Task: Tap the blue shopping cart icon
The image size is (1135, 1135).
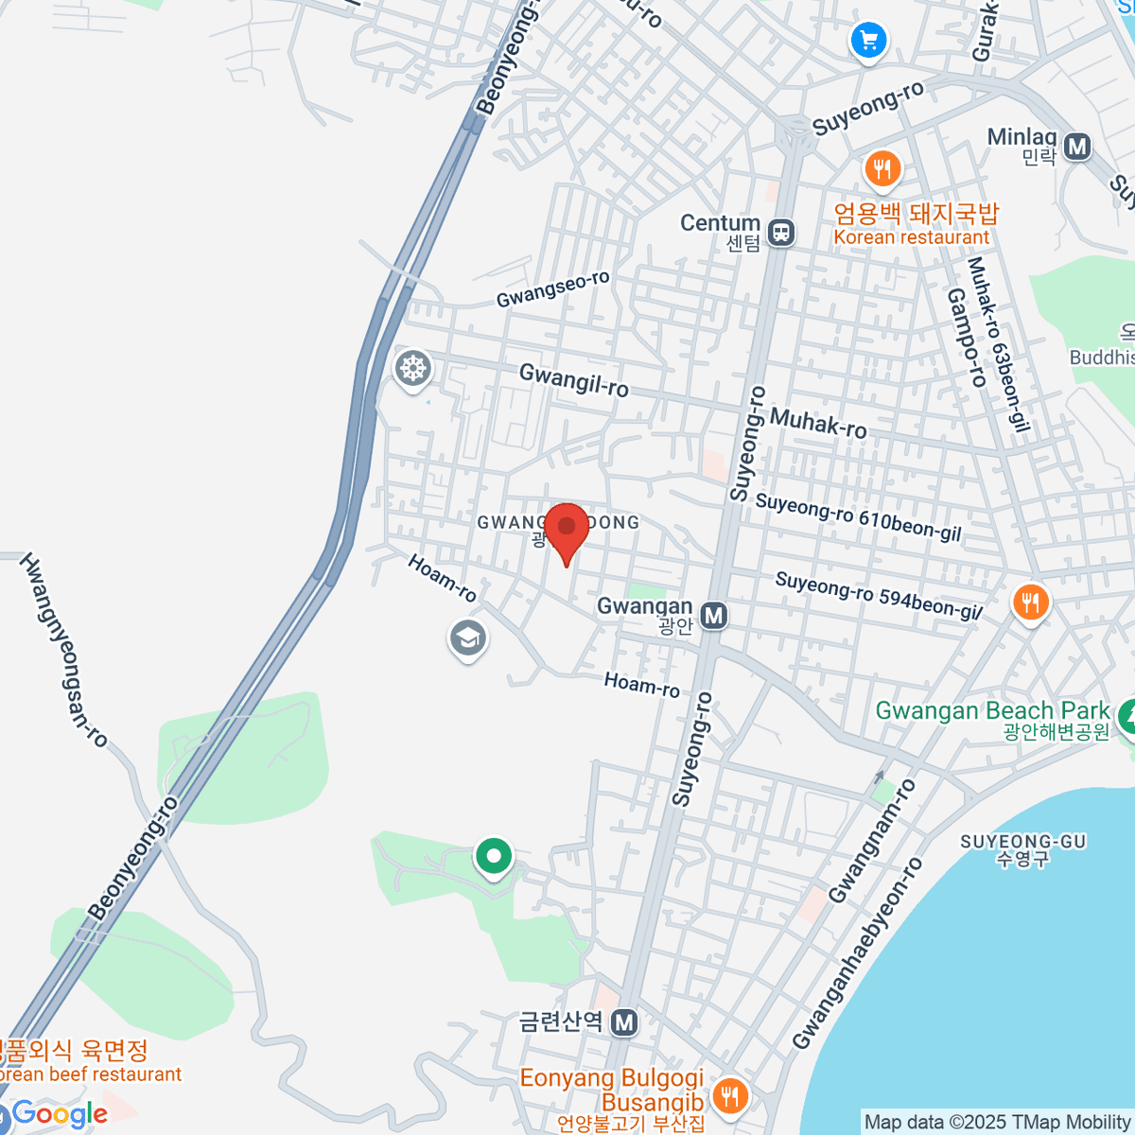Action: (x=868, y=42)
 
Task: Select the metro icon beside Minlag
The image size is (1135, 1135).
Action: (x=1076, y=147)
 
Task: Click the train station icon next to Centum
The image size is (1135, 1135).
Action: (x=781, y=232)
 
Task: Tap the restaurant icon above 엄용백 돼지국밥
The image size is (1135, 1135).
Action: (x=882, y=169)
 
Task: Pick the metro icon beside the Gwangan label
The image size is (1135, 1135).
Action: (x=714, y=617)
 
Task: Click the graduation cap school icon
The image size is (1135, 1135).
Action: (x=467, y=638)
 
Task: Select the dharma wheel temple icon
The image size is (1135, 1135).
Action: (x=413, y=368)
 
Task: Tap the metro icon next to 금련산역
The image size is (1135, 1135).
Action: (x=623, y=1022)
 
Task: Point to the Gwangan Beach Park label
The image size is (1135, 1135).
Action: (x=992, y=711)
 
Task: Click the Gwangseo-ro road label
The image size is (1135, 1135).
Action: (x=553, y=288)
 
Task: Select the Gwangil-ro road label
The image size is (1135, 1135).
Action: (x=574, y=380)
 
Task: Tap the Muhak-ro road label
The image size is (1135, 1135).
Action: (x=818, y=423)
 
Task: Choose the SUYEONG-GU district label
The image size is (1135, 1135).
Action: (x=1023, y=842)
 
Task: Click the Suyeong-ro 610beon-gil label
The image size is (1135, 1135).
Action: (x=858, y=518)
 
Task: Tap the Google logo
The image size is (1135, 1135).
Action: (x=60, y=1114)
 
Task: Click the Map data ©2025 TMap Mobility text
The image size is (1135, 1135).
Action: (x=998, y=1123)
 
